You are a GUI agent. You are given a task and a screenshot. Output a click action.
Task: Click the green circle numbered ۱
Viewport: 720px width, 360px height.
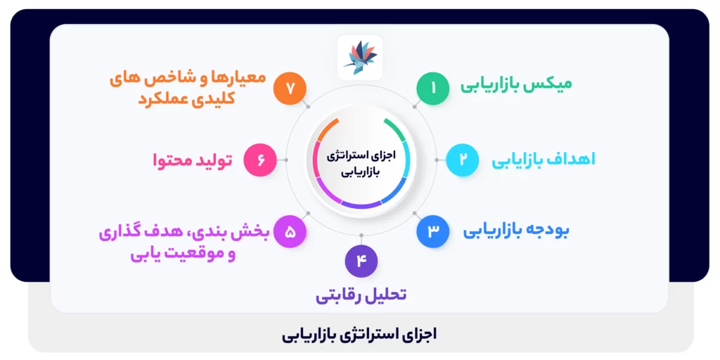(433, 89)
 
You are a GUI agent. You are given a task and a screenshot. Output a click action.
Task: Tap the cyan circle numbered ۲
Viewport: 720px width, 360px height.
(463, 159)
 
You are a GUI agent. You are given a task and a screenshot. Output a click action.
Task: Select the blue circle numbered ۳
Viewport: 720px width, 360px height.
(433, 231)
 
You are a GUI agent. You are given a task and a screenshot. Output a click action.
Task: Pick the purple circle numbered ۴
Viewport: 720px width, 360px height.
(361, 261)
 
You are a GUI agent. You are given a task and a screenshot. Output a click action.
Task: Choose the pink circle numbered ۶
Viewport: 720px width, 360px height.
(260, 160)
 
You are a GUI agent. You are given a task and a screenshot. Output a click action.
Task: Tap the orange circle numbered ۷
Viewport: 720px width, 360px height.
(290, 89)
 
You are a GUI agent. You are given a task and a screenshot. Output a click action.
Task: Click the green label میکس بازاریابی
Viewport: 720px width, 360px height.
(516, 84)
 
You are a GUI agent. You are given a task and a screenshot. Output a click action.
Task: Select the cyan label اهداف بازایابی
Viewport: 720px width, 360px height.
(543, 160)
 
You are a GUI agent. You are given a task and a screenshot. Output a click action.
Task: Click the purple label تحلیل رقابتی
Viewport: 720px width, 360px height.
(361, 295)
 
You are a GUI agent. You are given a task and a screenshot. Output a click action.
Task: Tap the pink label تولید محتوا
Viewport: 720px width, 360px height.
(193, 160)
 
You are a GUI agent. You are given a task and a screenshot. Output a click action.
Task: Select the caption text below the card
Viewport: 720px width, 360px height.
(360, 334)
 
